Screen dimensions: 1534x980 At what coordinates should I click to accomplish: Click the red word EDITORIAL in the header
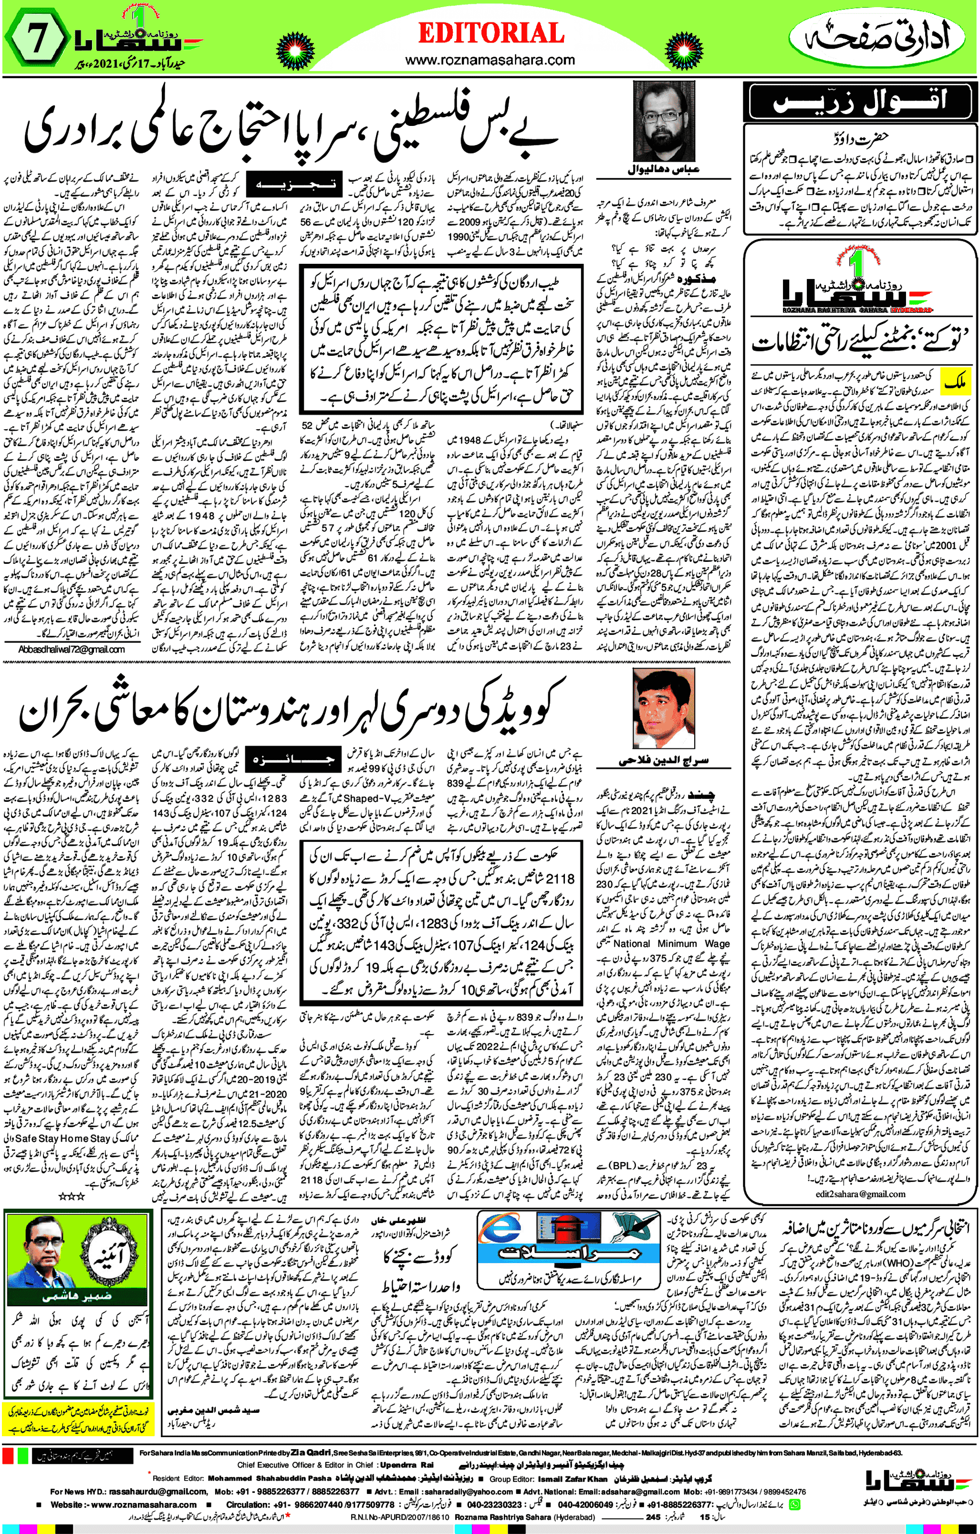[490, 33]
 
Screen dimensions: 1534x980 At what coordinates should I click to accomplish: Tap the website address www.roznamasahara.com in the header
[490, 61]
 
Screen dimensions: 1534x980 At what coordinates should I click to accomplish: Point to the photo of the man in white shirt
[663, 711]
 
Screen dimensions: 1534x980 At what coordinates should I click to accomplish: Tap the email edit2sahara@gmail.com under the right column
[860, 1194]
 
